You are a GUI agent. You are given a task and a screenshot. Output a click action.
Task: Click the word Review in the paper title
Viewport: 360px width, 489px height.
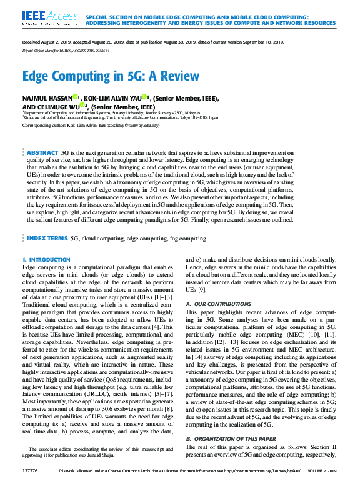tap(177, 77)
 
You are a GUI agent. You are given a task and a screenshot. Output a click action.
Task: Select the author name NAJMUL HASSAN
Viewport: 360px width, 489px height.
tap(47, 97)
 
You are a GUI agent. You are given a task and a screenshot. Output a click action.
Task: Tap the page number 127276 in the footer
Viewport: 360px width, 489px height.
tap(30, 478)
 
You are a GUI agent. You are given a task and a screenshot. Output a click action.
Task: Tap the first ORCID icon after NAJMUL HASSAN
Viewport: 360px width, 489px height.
tap(75, 97)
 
